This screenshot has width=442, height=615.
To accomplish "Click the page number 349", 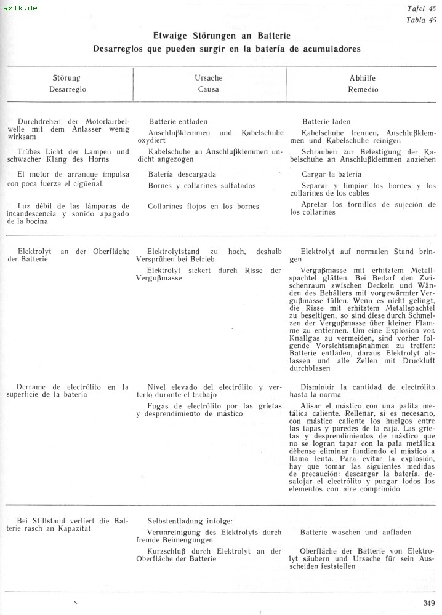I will pyautogui.click(x=429, y=602).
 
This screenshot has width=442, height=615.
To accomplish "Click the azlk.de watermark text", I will pyautogui.click(x=20, y=8).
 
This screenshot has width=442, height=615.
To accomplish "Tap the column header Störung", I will pyautogui.click(x=66, y=78).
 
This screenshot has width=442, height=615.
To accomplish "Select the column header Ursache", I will pyautogui.click(x=208, y=78).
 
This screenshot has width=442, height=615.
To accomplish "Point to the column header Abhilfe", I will pyautogui.click(x=362, y=78).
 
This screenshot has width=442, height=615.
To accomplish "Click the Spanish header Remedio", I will pyautogui.click(x=363, y=89).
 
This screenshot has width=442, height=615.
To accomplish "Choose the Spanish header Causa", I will pyautogui.click(x=208, y=89).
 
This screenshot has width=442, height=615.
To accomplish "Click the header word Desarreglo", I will pyautogui.click(x=67, y=89).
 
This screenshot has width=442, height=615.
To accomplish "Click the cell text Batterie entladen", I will pyautogui.click(x=178, y=122).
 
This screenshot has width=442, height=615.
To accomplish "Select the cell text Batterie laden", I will pyautogui.click(x=326, y=122).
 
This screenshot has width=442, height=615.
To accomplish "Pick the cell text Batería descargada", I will pyautogui.click(x=182, y=174).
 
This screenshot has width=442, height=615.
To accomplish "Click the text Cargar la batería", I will pyautogui.click(x=331, y=174).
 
